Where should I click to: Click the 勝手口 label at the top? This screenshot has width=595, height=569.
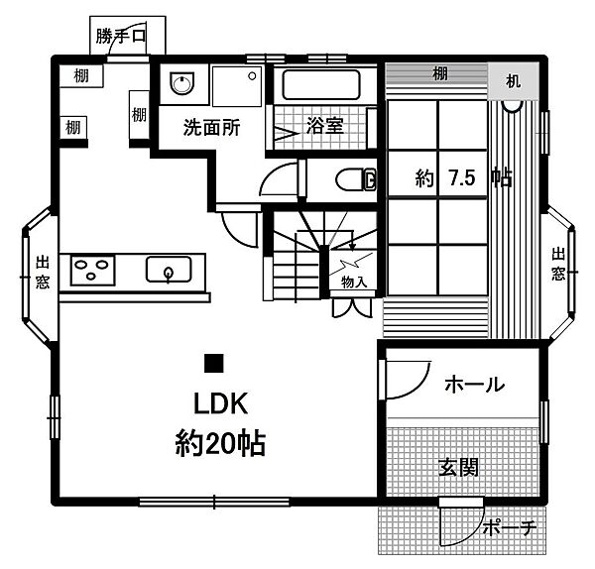[x=121, y=38]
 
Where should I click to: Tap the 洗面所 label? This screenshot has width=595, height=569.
[x=211, y=128]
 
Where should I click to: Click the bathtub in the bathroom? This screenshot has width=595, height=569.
[x=324, y=84]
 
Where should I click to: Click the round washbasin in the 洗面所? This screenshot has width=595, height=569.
[x=181, y=84]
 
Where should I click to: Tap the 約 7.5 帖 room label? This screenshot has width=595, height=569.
[x=463, y=179]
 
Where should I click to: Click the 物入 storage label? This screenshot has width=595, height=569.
[x=354, y=283]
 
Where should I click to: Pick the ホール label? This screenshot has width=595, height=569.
[x=473, y=384]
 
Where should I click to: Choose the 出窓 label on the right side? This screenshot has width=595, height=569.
[x=558, y=265]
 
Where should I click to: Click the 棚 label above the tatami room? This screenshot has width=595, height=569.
[x=438, y=74]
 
